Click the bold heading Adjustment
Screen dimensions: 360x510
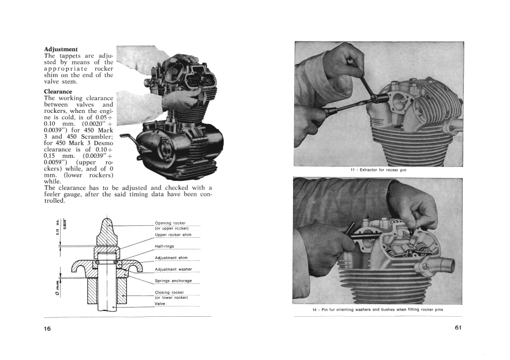pos(61,49)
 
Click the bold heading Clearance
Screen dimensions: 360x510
pos(58,91)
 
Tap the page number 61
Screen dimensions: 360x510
pos(458,328)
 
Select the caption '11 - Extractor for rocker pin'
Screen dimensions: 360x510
pos(378,170)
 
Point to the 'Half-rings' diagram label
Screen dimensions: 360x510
pos(165,246)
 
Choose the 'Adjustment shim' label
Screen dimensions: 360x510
pos(171,257)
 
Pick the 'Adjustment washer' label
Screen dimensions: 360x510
pos(173,269)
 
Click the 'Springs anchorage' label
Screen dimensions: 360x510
pos(174,281)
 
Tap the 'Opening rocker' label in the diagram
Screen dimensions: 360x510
pos(170,223)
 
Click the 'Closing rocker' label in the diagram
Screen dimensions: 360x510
pos(170,292)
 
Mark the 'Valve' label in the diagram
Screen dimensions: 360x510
pos(160,303)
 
